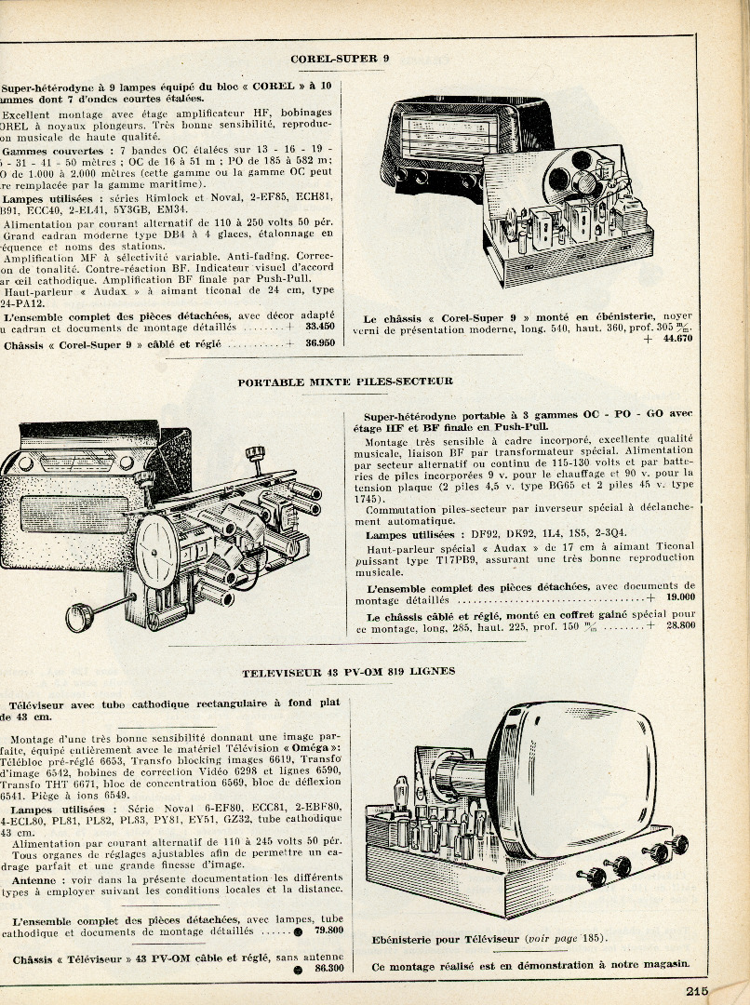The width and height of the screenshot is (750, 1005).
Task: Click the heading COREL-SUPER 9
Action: coord(340,59)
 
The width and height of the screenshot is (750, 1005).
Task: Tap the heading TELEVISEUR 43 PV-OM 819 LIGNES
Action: coord(349,672)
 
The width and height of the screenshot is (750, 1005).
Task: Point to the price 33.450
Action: coord(319,328)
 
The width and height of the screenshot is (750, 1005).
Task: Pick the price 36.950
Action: coord(319,344)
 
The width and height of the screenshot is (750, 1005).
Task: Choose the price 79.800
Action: coord(328,930)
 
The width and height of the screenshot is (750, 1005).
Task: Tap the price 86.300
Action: coord(328,969)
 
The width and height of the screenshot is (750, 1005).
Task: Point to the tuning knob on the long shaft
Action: coord(78,617)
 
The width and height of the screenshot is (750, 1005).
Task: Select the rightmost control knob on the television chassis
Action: coord(679,844)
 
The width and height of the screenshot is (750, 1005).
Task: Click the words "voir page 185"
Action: coord(563,940)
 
